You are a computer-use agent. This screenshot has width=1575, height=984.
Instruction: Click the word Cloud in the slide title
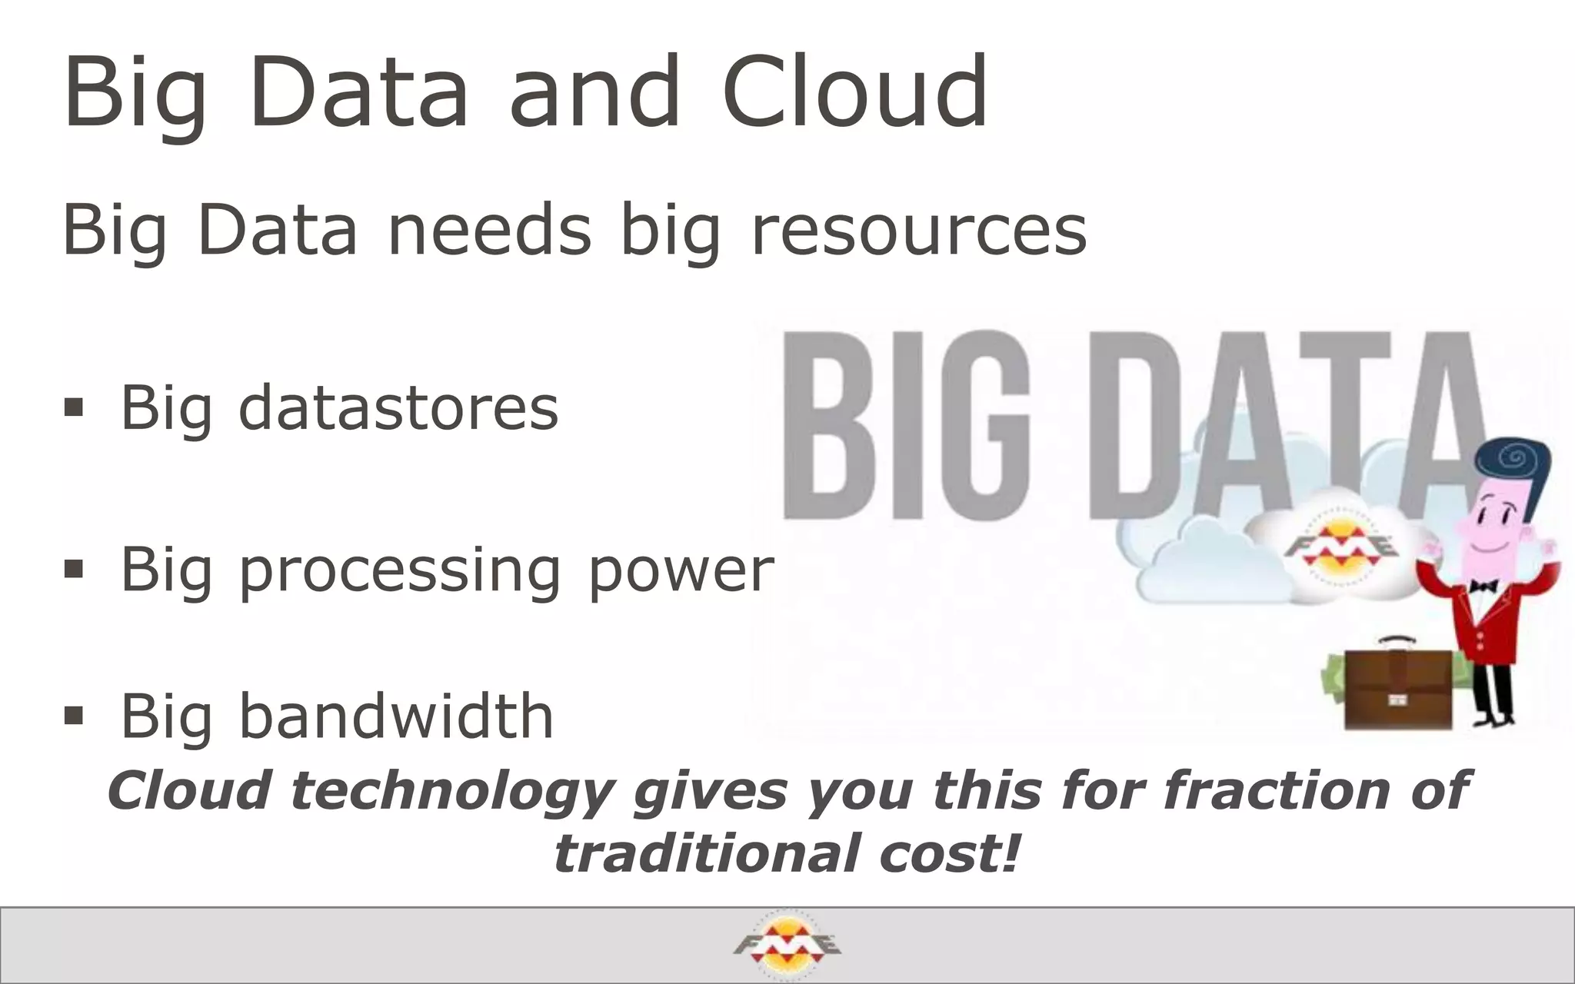coord(855,92)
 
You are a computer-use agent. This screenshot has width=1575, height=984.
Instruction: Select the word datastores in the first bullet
coord(398,407)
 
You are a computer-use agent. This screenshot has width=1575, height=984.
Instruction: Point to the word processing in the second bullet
coord(399,570)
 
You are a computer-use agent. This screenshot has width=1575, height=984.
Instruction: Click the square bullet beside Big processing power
coord(74,569)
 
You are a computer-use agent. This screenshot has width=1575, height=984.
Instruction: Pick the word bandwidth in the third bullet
coord(396,716)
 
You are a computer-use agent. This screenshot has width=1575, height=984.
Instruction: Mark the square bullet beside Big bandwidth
coord(74,716)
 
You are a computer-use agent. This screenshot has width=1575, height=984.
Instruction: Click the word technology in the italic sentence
coord(452,791)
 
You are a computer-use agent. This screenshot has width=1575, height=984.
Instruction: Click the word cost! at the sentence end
coord(951,854)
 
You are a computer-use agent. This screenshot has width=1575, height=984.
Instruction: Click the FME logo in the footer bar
coord(787,945)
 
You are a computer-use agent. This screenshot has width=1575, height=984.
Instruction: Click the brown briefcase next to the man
coord(1397,689)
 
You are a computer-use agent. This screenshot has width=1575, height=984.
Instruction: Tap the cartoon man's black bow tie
coord(1483,587)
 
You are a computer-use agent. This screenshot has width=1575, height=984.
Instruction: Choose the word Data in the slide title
coord(358,92)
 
